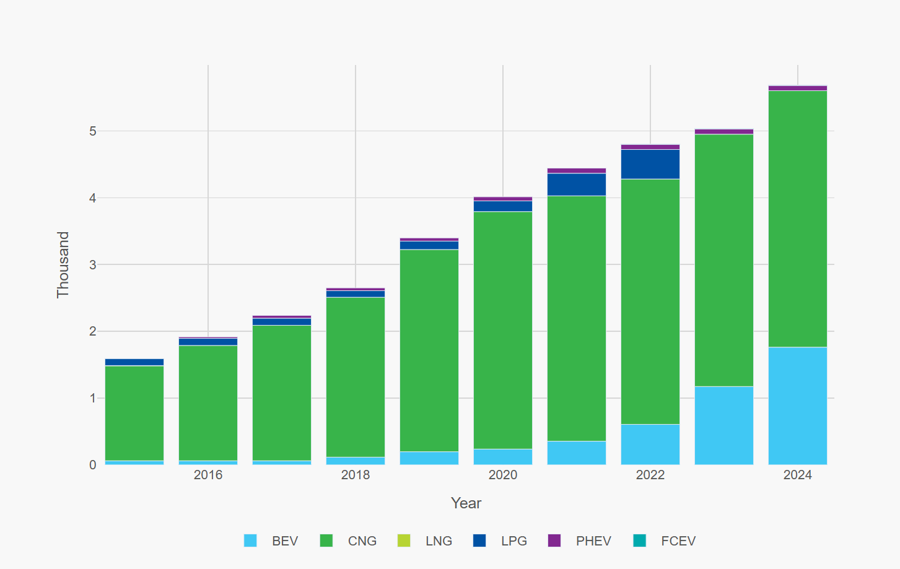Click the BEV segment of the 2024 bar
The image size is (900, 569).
point(797,406)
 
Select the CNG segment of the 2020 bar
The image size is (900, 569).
point(502,330)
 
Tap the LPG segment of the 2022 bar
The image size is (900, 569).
point(650,164)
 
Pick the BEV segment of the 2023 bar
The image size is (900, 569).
point(723,425)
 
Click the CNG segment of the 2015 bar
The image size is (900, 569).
point(134,413)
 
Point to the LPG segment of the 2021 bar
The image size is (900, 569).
point(576,185)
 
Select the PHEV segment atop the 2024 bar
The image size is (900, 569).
point(797,89)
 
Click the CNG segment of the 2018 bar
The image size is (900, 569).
point(355,377)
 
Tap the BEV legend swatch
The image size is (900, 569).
point(250,541)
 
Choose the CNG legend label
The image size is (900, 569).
point(362,541)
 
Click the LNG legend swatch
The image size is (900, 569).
point(404,541)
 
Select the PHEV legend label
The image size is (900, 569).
point(593,541)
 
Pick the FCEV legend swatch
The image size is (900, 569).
point(640,541)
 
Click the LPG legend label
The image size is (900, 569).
point(513,541)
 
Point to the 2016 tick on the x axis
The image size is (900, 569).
point(208,475)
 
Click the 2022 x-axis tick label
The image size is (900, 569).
point(650,475)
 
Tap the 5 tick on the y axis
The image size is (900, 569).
point(93,131)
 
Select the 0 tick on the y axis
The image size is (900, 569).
point(93,465)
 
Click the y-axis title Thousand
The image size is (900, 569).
point(63,264)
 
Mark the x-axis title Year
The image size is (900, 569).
point(466,503)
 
